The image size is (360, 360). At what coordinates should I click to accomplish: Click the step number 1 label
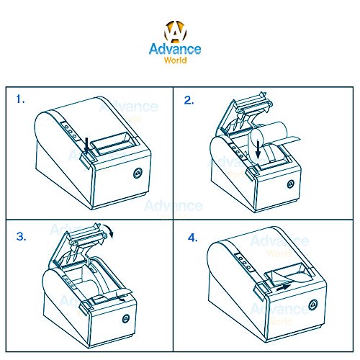click(x=20, y=99)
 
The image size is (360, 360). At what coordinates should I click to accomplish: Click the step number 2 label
click(x=189, y=100)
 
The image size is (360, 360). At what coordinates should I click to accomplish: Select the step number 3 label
click(x=21, y=237)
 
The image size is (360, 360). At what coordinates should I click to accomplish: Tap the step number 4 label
click(x=193, y=238)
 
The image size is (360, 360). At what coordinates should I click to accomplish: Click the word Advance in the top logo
click(x=175, y=49)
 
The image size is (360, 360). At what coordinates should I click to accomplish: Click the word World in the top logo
click(x=175, y=60)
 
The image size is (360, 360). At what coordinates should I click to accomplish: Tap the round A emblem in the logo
click(x=176, y=31)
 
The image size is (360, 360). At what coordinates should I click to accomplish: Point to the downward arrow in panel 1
click(x=87, y=145)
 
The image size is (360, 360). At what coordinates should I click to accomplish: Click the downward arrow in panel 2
click(x=258, y=150)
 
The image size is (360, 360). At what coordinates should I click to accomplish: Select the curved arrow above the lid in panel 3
click(x=110, y=229)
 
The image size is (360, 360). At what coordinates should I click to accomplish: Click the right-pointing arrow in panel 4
click(x=284, y=287)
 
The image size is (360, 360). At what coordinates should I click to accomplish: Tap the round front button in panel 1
click(x=138, y=173)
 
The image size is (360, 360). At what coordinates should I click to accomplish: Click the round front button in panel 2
click(x=291, y=184)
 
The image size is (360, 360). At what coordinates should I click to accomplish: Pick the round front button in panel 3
click(x=126, y=318)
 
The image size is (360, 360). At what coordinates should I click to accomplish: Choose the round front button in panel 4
click(x=312, y=305)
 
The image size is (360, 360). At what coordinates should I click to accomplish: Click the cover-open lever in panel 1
click(x=86, y=158)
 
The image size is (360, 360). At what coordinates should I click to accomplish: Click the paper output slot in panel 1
click(x=112, y=143)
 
